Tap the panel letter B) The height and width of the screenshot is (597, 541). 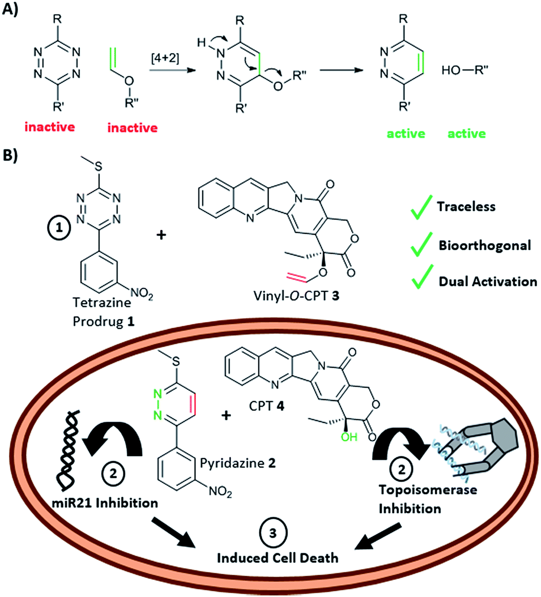click(11, 155)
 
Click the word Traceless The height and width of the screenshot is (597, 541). click(466, 206)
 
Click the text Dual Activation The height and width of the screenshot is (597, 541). click(487, 282)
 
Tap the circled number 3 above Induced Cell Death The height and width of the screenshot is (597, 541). click(272, 533)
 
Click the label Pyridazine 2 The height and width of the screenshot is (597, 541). click(237, 463)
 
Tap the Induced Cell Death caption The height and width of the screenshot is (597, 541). click(277, 557)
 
